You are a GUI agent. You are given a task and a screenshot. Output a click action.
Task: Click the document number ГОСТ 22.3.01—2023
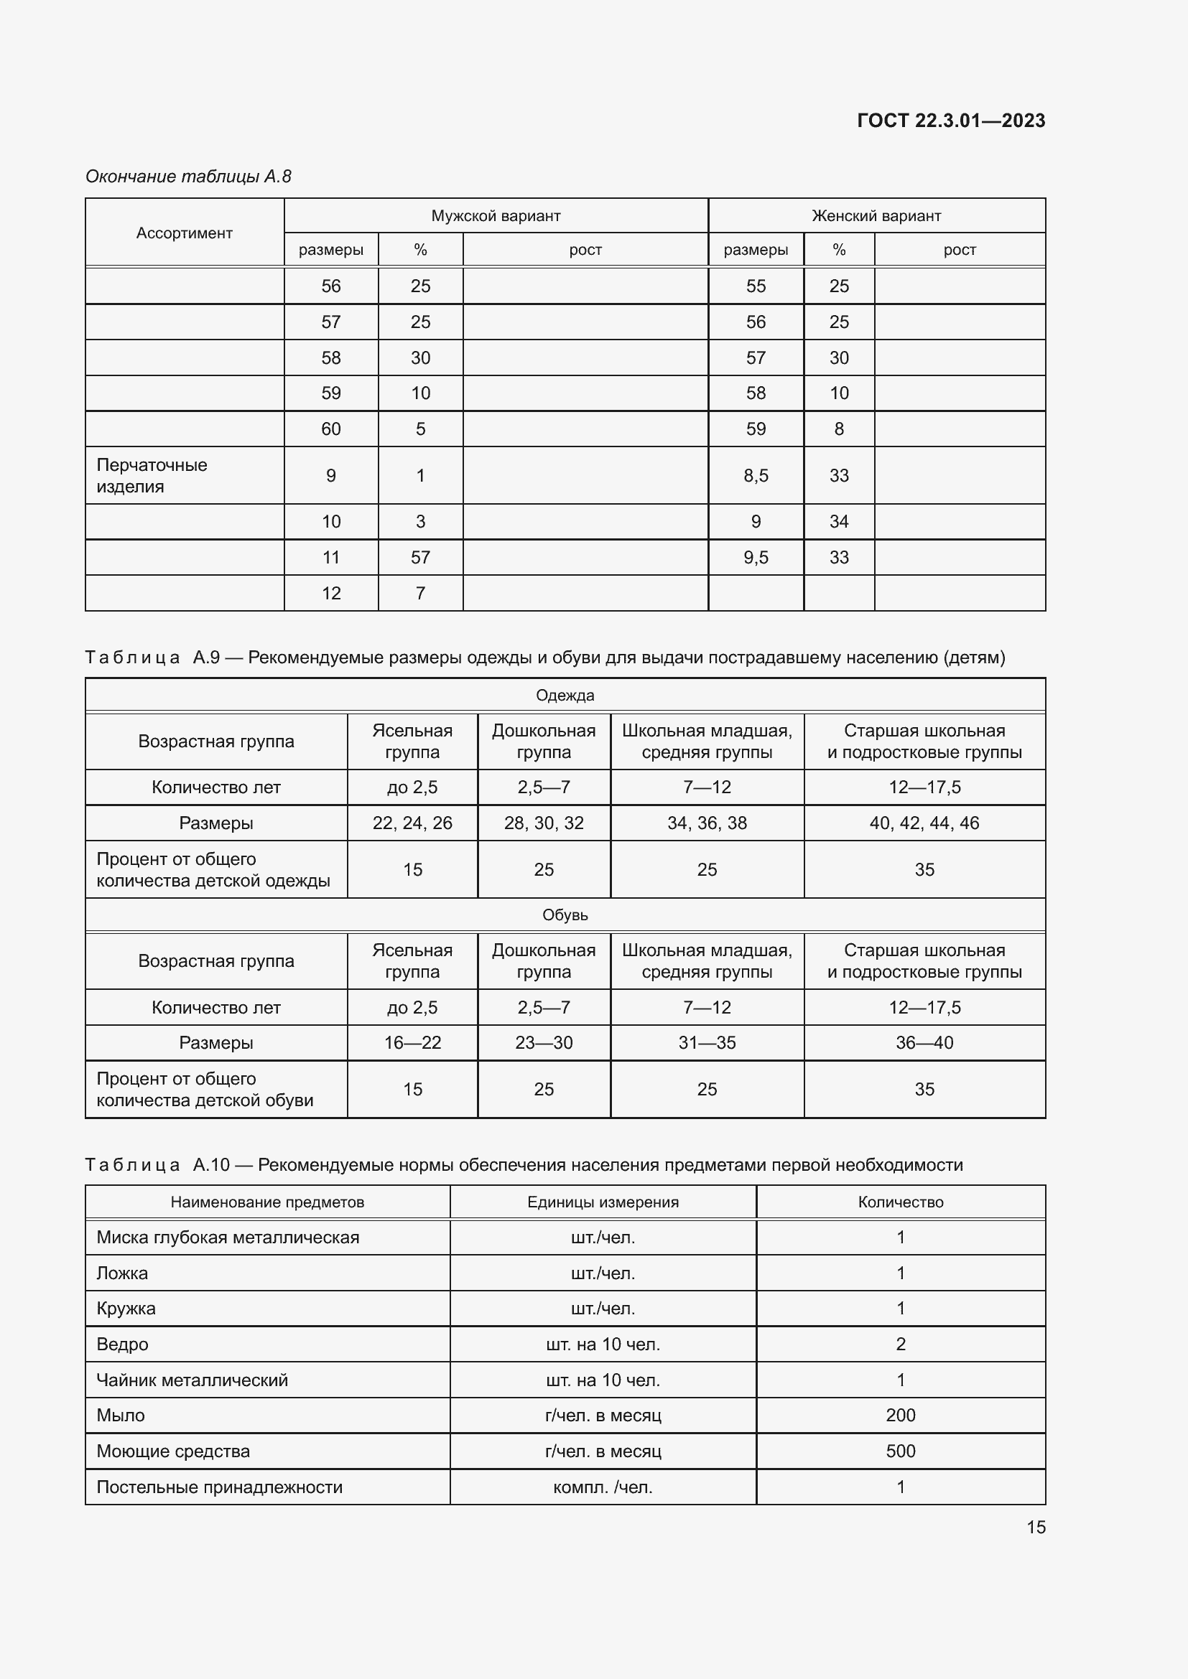pos(950,121)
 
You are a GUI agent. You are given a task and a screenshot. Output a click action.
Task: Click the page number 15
pos(1035,1527)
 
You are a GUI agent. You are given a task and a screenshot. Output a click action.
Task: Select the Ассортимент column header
pos(185,233)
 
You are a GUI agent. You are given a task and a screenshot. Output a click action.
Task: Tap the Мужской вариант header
pos(496,216)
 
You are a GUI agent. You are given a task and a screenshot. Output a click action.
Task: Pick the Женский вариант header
pos(876,216)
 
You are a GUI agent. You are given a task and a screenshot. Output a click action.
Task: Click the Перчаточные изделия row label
pos(152,475)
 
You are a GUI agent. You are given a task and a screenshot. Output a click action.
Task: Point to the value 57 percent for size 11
pos(420,557)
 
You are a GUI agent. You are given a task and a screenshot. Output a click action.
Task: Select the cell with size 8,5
pos(756,475)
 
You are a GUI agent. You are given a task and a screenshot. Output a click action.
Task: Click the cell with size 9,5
pos(756,557)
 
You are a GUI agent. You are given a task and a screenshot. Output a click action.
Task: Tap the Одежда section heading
pos(565,695)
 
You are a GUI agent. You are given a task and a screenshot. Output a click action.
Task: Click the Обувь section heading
pos(565,915)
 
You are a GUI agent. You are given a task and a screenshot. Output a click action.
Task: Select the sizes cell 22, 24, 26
pos(412,823)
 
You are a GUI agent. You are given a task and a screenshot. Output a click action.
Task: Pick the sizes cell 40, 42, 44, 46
pos(924,823)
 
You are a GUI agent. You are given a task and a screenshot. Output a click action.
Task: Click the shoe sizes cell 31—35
pos(707,1042)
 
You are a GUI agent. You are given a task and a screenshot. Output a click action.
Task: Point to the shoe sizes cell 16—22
pos(412,1042)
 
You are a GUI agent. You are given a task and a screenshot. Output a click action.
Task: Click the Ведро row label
pos(123,1344)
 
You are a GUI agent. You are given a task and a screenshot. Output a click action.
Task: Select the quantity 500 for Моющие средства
pos(900,1451)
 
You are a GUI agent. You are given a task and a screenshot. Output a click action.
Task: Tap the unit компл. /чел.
pos(603,1487)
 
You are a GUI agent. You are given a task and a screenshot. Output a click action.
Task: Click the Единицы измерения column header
pos(603,1202)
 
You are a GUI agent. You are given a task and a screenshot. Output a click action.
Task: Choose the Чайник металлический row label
pos(192,1380)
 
